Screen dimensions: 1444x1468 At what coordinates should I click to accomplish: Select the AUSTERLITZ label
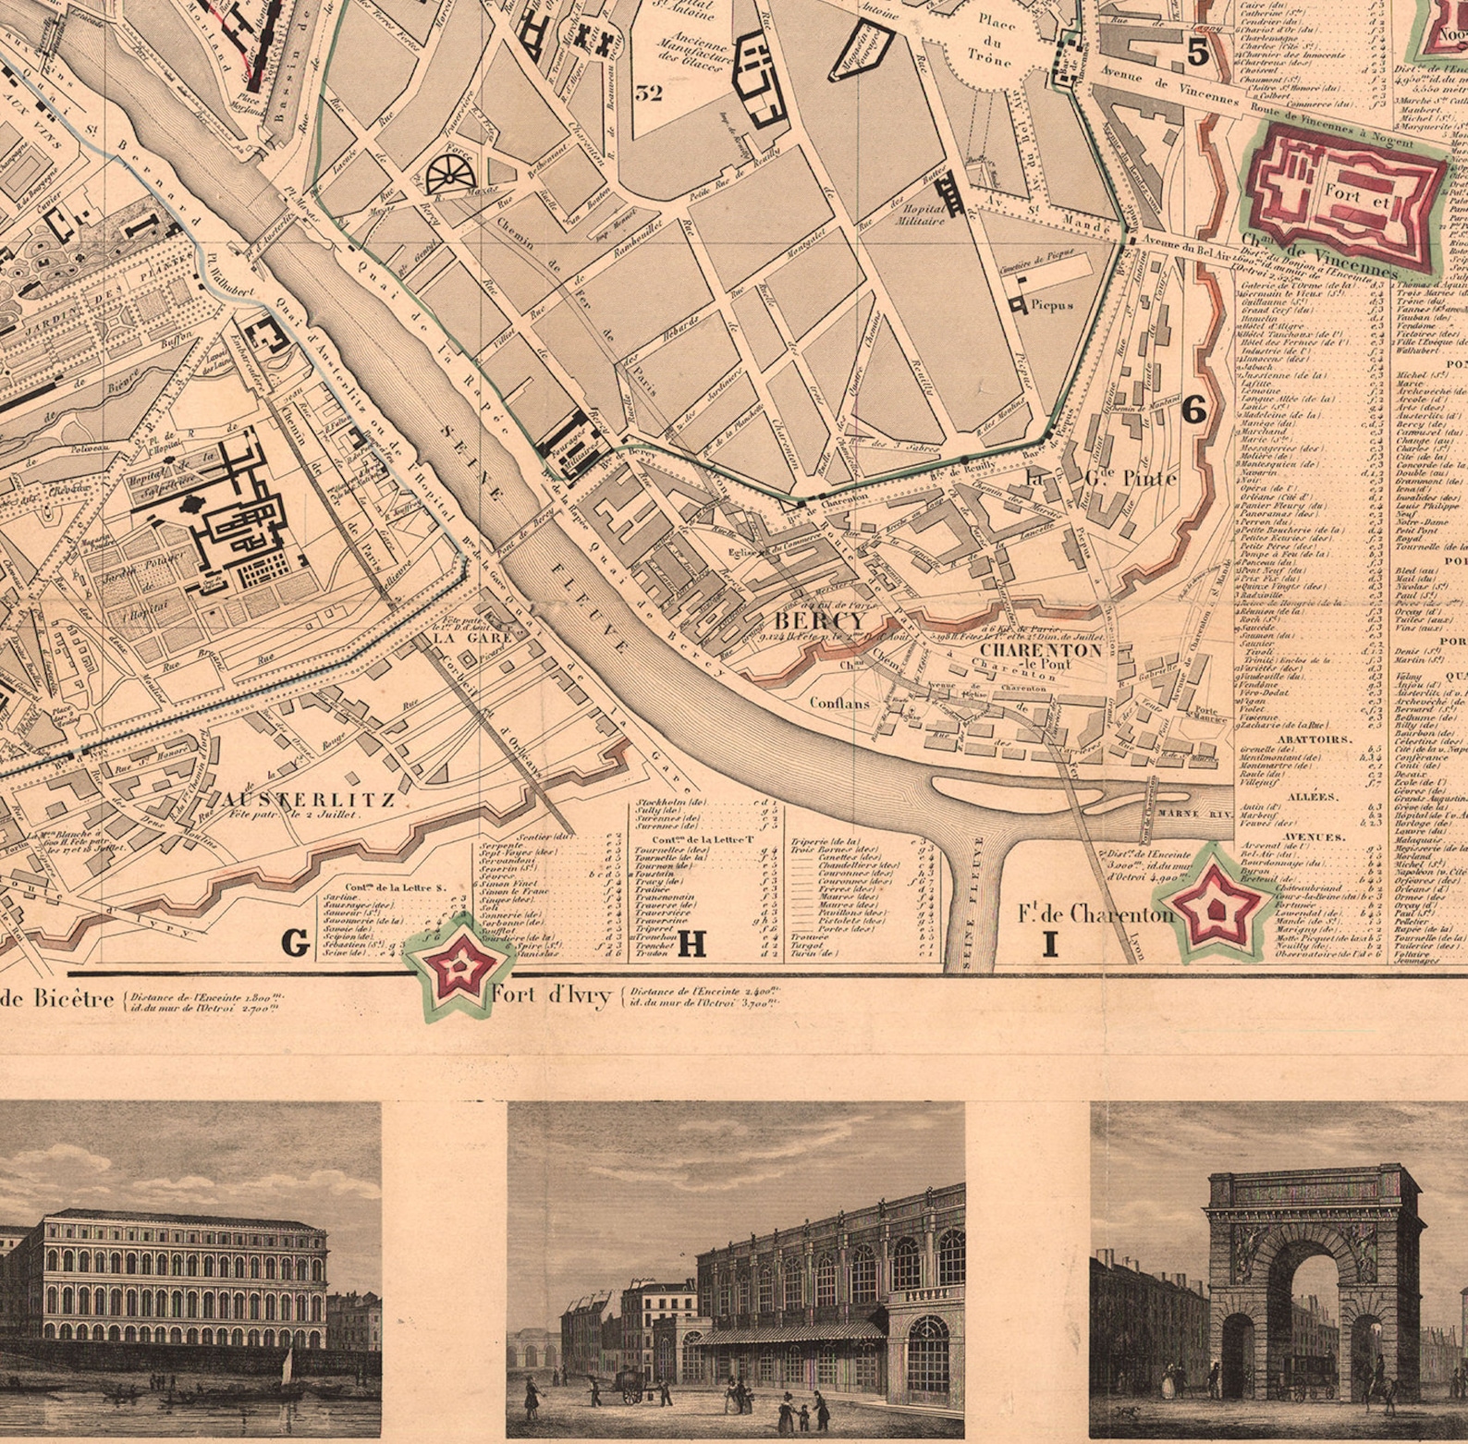coord(310,800)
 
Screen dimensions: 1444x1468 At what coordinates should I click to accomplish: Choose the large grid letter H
coord(692,943)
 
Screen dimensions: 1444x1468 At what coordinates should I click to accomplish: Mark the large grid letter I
coord(1049,944)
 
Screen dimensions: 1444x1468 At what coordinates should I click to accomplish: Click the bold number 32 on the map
coord(649,92)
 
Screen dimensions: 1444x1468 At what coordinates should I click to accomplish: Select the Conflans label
coord(839,703)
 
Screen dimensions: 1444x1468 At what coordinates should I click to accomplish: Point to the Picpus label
coord(1052,304)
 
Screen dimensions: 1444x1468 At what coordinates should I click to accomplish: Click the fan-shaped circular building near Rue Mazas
coord(449,173)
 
